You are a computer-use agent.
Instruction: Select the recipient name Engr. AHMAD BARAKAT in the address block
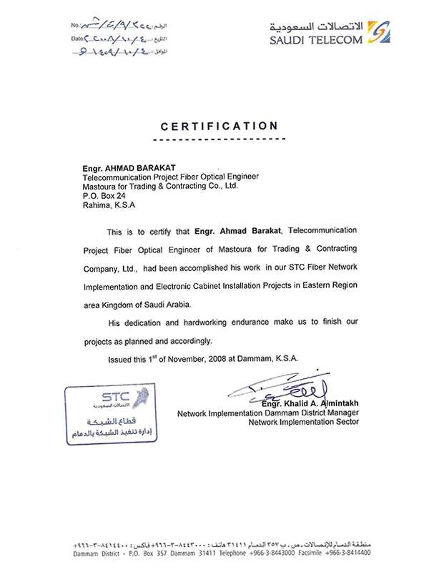point(126,167)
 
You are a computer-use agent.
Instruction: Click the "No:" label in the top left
point(77,25)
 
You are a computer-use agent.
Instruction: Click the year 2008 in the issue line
point(219,357)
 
